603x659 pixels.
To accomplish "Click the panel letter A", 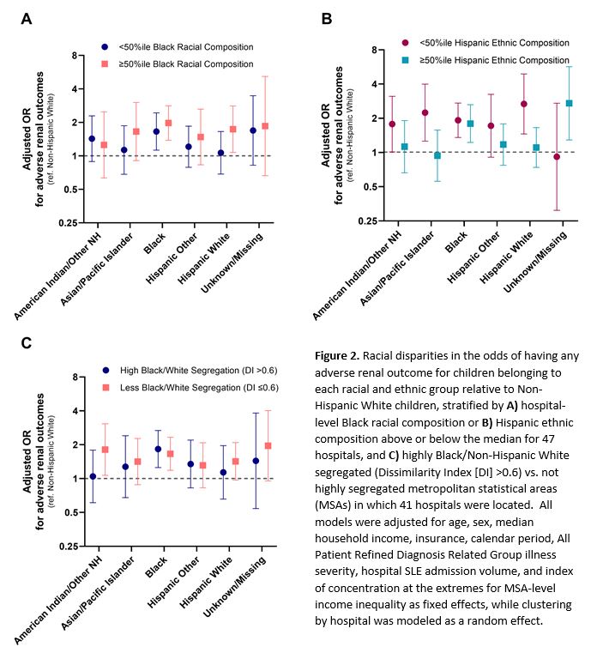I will coord(27,19).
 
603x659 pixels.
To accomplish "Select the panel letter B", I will coord(326,18).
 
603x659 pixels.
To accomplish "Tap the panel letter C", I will coord(27,343).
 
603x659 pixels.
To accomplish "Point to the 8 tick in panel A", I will coord(75,56).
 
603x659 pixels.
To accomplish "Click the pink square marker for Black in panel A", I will coord(168,123).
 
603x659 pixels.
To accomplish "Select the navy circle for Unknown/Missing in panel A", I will coord(252,130).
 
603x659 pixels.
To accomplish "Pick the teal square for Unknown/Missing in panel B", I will coord(569,103).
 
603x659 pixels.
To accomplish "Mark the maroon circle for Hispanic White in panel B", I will coord(523,104).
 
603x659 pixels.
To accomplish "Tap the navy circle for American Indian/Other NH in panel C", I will coord(93,476).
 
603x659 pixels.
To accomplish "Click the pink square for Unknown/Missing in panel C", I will coord(268,445).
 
